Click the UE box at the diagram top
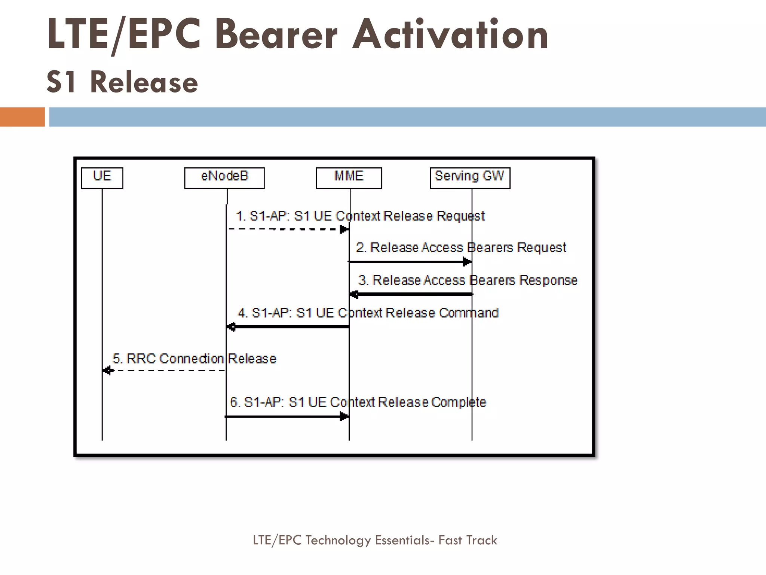tap(102, 178)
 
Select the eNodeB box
tap(224, 178)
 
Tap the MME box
tap(349, 178)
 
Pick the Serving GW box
tap(470, 178)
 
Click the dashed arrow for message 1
tap(288, 229)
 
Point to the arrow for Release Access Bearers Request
tap(410, 262)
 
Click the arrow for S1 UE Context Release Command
tap(288, 327)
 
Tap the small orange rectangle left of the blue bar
tap(22, 117)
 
